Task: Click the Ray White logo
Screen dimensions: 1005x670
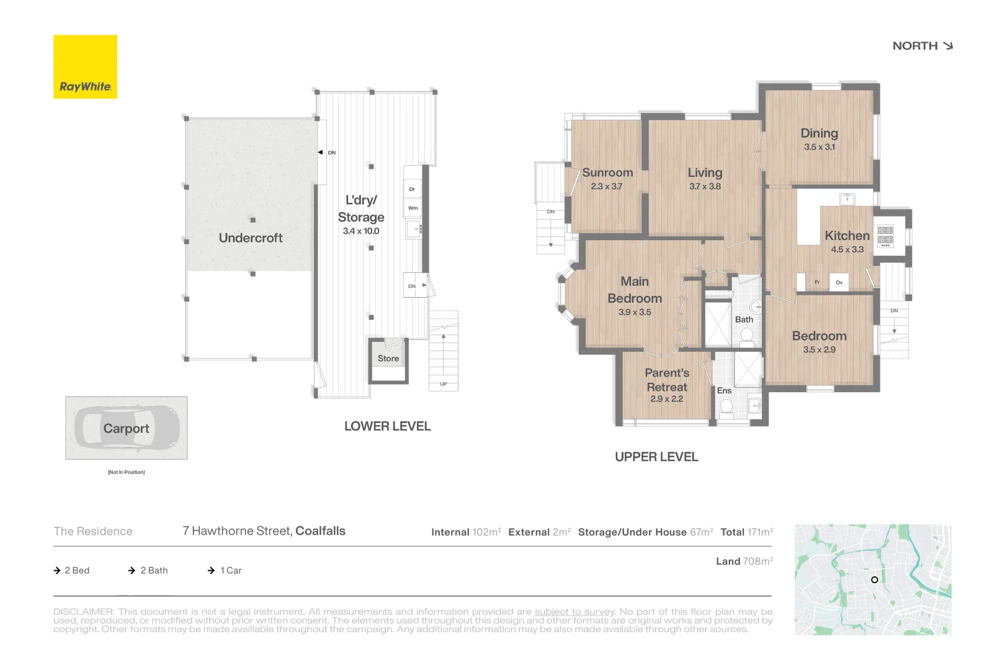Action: coord(85,66)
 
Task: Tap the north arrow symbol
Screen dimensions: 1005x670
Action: coord(947,46)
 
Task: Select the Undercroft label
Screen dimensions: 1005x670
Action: coord(251,238)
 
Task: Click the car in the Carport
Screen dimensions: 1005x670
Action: coord(127,427)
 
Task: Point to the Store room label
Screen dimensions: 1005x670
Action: coord(388,359)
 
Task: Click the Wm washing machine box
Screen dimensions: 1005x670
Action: coord(413,208)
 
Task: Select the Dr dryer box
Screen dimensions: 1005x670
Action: coord(413,189)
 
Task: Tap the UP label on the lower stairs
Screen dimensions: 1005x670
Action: coord(444,384)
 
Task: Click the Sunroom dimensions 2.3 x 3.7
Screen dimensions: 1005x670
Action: coord(607,186)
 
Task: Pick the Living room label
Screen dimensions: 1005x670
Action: coord(705,172)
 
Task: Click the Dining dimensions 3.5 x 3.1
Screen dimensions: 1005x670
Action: coord(820,147)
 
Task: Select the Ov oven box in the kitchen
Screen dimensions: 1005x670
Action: coord(839,282)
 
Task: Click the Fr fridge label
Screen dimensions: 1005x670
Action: coord(817,282)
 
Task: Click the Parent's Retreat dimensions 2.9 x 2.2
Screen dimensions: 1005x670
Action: coord(667,399)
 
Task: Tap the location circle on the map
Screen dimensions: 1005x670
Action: coord(875,580)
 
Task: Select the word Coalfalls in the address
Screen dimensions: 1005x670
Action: coord(320,531)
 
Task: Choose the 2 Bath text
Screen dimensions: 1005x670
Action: coord(154,570)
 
